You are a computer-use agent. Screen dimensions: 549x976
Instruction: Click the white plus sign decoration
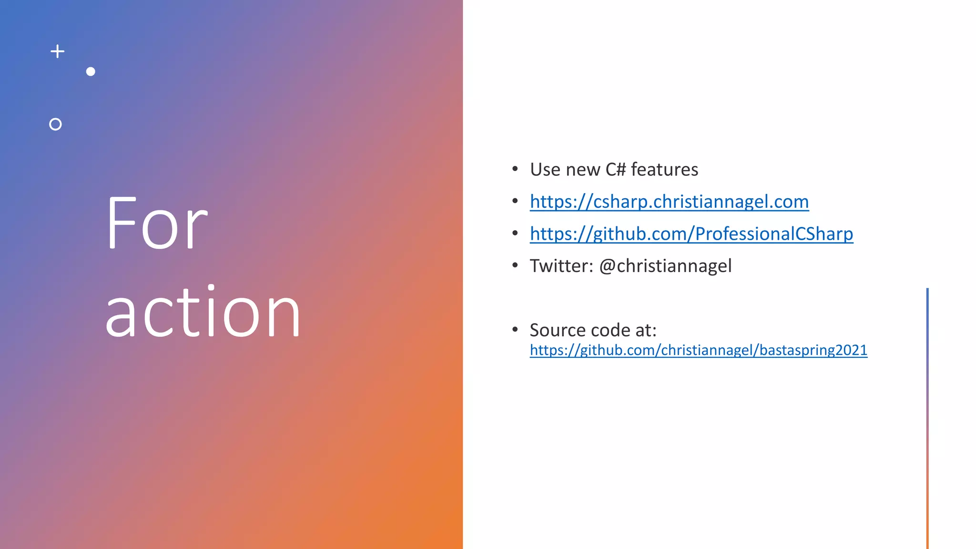pos(58,51)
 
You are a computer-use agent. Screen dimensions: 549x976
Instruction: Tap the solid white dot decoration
pos(91,71)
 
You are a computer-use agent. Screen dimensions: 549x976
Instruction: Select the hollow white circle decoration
pos(55,124)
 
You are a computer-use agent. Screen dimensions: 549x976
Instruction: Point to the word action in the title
pos(203,312)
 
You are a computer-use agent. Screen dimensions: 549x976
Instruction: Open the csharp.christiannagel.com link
pos(669,202)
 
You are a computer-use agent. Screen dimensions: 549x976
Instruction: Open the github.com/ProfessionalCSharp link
pos(691,234)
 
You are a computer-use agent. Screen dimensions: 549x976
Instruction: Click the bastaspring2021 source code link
pos(698,350)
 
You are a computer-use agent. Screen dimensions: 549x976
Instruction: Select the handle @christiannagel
pos(665,266)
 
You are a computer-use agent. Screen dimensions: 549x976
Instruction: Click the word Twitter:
pos(561,266)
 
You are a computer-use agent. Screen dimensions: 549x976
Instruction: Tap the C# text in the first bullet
pos(615,170)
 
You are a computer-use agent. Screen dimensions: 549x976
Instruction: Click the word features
pos(664,170)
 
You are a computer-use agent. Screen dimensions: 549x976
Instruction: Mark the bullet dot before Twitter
pos(515,265)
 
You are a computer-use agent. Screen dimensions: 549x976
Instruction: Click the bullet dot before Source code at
pos(515,329)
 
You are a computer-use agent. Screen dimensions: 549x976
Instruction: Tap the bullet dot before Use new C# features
pos(515,169)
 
